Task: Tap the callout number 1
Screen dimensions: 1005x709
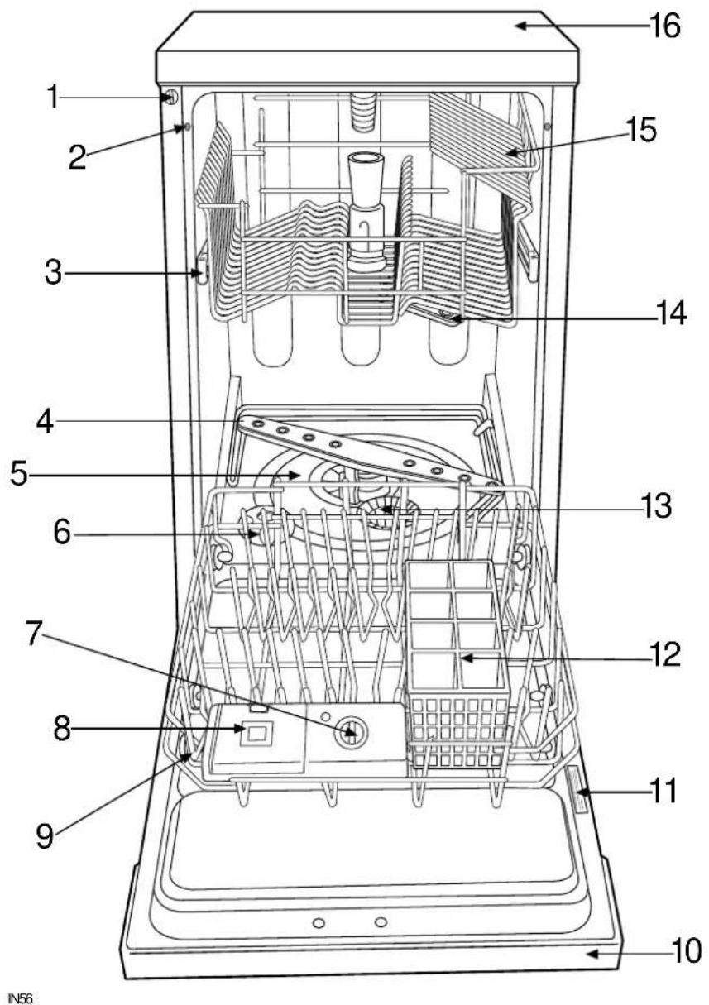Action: pos(52,98)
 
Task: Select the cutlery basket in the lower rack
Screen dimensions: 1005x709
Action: pos(457,653)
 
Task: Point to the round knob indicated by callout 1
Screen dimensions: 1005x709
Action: pos(170,98)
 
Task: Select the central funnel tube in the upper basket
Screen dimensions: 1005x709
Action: pos(364,211)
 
